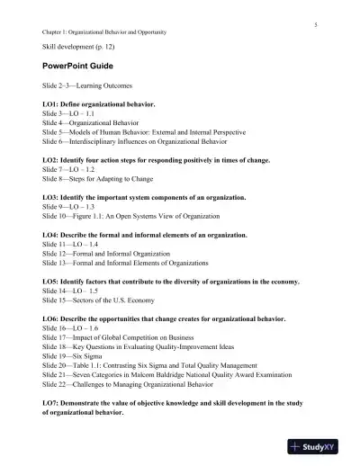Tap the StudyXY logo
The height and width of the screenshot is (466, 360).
pos(321,446)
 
